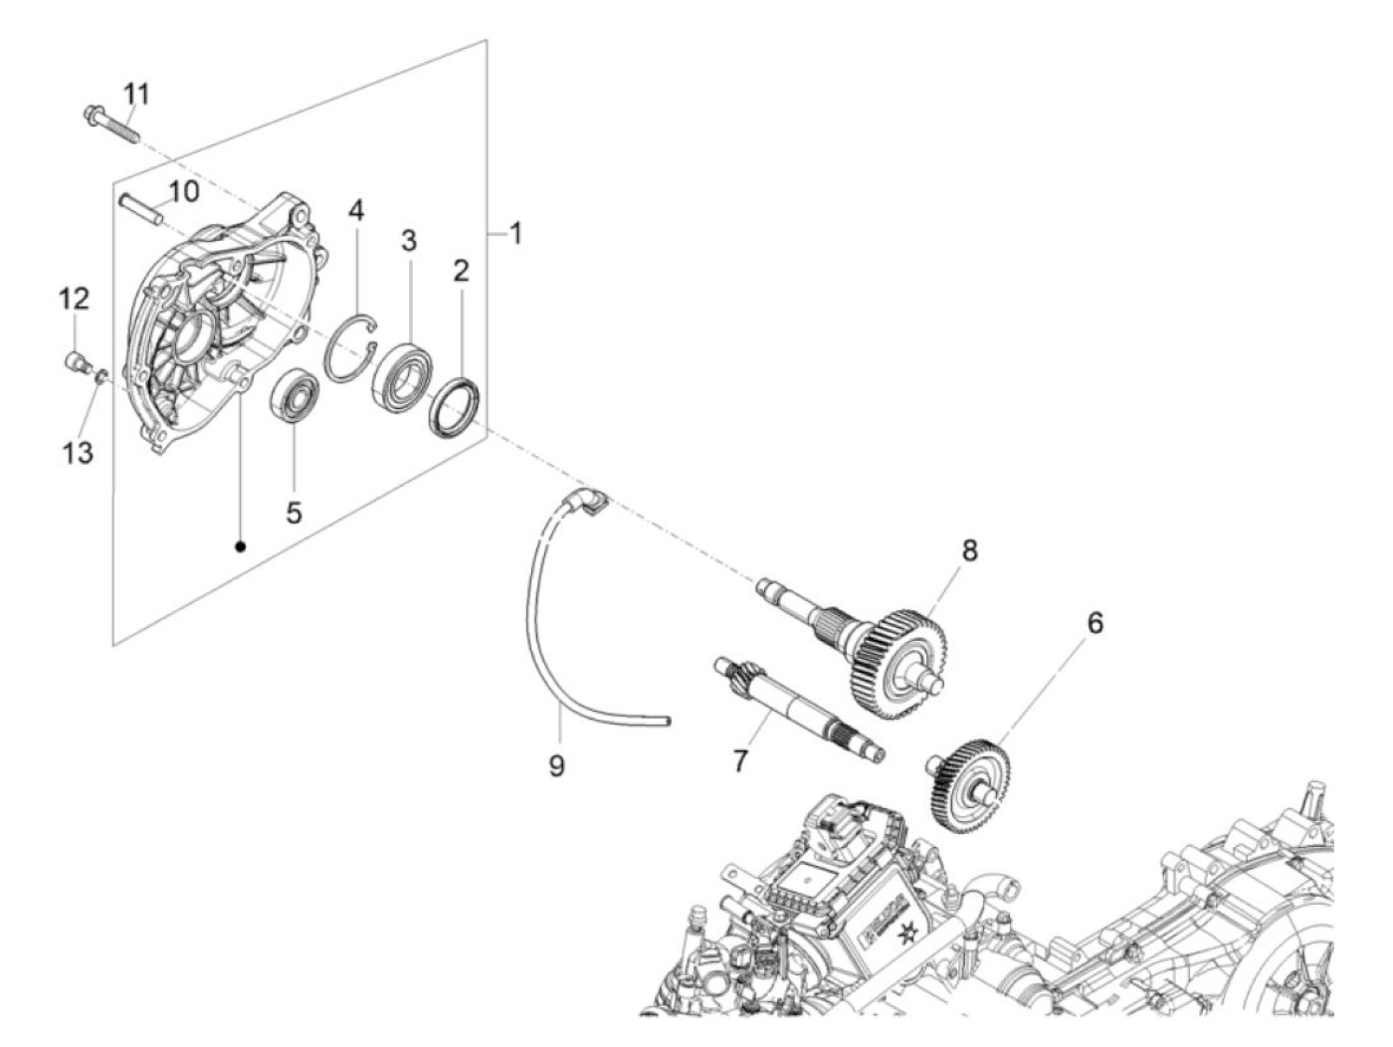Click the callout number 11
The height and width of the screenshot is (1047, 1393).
click(x=135, y=94)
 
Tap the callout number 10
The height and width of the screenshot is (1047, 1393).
click(x=183, y=192)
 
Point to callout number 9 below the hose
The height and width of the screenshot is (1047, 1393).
click(x=556, y=766)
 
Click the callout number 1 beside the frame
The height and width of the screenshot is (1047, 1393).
click(x=515, y=234)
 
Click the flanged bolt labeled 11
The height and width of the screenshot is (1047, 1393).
click(x=110, y=125)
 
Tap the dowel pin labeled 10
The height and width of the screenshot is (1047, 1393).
click(x=141, y=209)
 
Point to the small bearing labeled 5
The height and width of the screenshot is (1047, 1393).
click(x=295, y=394)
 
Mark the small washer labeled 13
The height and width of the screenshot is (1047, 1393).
click(x=100, y=378)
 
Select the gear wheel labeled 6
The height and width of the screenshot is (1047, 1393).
click(x=968, y=790)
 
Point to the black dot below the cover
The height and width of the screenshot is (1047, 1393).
click(x=241, y=545)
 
